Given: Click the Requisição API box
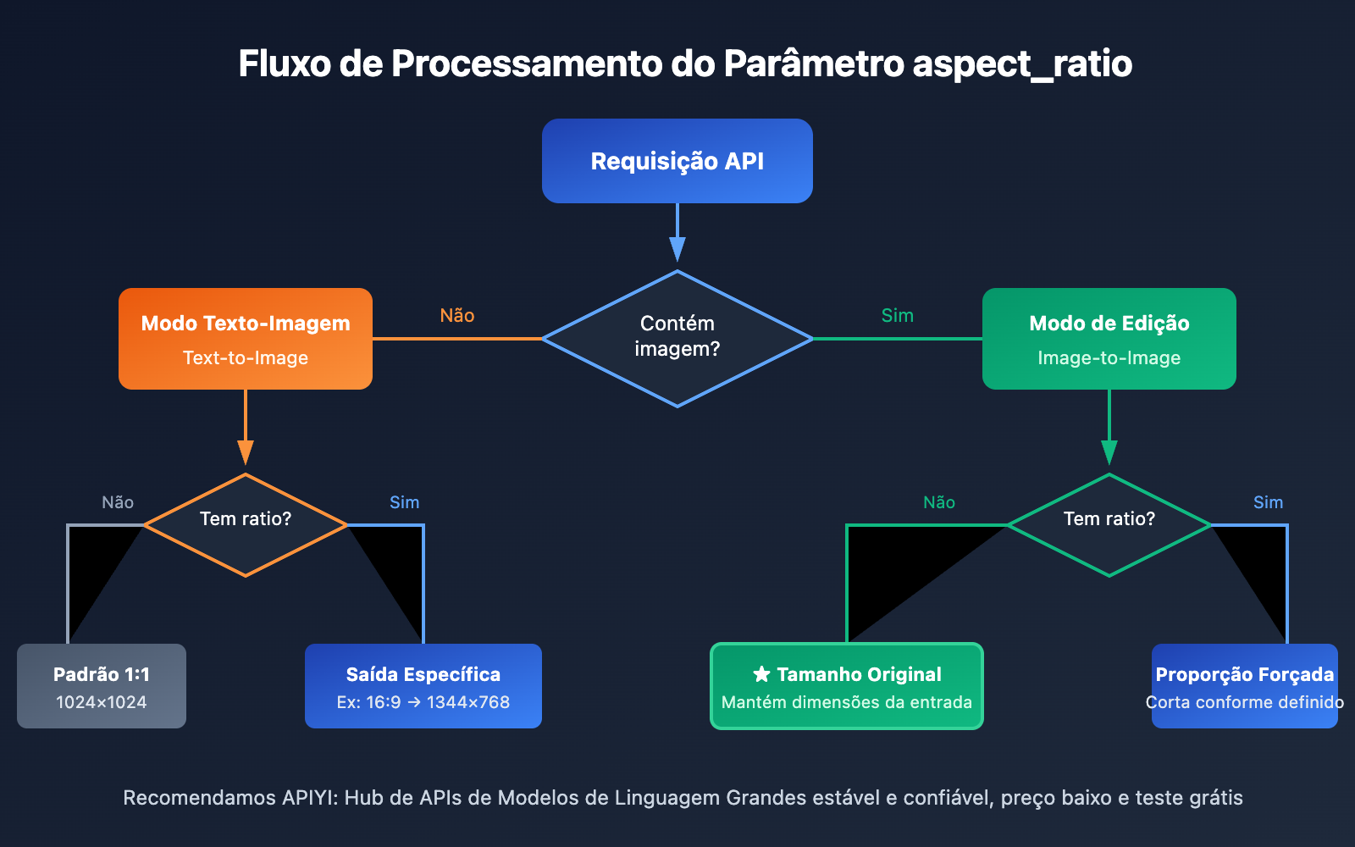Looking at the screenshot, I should [677, 161].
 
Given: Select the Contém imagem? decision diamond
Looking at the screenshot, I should [677, 339].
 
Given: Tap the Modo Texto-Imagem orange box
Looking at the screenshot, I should [246, 339].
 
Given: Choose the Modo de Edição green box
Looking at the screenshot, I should [1109, 339].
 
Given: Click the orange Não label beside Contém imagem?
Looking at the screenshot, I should [457, 316].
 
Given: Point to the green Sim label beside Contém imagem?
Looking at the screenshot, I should [897, 316].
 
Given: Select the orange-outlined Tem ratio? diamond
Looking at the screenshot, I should [246, 525].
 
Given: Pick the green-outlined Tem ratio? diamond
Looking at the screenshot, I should [1109, 525].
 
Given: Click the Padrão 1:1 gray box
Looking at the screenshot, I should [102, 686].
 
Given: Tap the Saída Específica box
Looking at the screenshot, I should [423, 686].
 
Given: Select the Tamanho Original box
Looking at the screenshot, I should [847, 686].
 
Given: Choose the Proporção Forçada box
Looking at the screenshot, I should [1245, 686].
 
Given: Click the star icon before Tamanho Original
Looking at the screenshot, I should [761, 674].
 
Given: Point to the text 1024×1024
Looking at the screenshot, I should [102, 702].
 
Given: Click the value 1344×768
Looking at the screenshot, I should [468, 702].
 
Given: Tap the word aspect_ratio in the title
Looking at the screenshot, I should [1022, 64].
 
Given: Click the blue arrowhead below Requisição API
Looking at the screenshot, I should [677, 249].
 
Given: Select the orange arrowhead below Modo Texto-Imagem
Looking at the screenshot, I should [246, 452].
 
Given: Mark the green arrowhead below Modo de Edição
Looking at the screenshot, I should [1109, 452].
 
